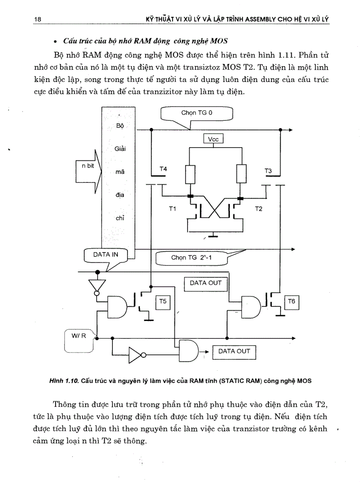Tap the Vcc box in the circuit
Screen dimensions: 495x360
click(x=214, y=139)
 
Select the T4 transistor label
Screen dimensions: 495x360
click(x=163, y=169)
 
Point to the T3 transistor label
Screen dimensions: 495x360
click(x=268, y=171)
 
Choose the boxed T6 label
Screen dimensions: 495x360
click(x=292, y=302)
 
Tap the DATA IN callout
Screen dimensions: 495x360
click(x=105, y=255)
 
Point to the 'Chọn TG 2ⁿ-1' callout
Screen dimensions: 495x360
click(x=192, y=258)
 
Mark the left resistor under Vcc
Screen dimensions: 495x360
click(x=190, y=175)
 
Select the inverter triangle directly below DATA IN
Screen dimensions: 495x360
click(x=97, y=284)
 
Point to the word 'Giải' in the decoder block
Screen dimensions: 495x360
click(x=120, y=149)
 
